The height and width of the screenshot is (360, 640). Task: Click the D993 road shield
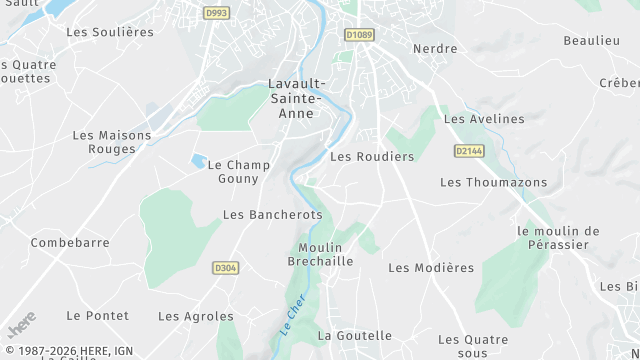(x=215, y=13)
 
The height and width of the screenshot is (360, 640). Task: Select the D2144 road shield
(x=467, y=151)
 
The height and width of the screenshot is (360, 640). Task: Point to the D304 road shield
(x=226, y=268)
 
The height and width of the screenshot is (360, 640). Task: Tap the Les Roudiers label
(x=372, y=157)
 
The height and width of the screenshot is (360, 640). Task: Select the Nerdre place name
(x=435, y=49)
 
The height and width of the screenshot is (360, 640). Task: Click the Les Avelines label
(x=484, y=119)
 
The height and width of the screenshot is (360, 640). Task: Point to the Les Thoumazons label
(x=494, y=182)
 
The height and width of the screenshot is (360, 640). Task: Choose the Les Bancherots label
(x=273, y=215)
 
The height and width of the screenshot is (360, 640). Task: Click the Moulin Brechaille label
(x=320, y=254)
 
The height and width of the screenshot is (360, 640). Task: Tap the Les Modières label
(x=431, y=268)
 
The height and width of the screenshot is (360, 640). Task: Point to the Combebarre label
(x=70, y=243)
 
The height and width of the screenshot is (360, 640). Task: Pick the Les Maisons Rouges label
(x=112, y=142)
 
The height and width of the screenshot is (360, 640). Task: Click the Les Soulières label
(x=110, y=32)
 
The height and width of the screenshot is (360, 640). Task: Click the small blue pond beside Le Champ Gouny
(x=198, y=160)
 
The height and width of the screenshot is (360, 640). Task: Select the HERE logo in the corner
(x=20, y=326)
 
